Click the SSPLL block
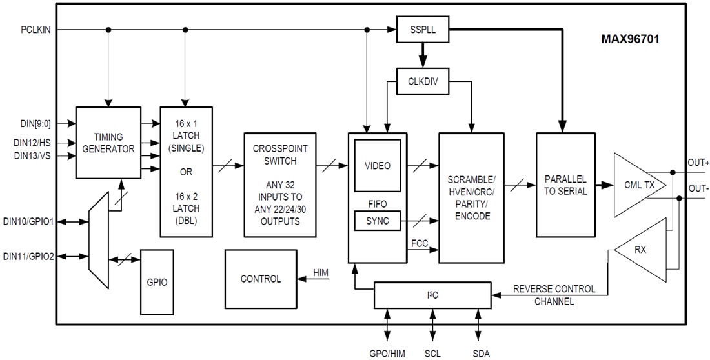click(423, 30)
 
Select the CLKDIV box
click(423, 82)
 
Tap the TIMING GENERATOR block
click(108, 143)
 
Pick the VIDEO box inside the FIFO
click(378, 166)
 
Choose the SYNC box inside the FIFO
click(378, 221)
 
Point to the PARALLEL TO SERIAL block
click(565, 185)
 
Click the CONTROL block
click(261, 279)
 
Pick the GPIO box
click(157, 282)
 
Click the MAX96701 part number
click(630, 39)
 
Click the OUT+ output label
click(698, 163)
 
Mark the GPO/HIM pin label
click(387, 352)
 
